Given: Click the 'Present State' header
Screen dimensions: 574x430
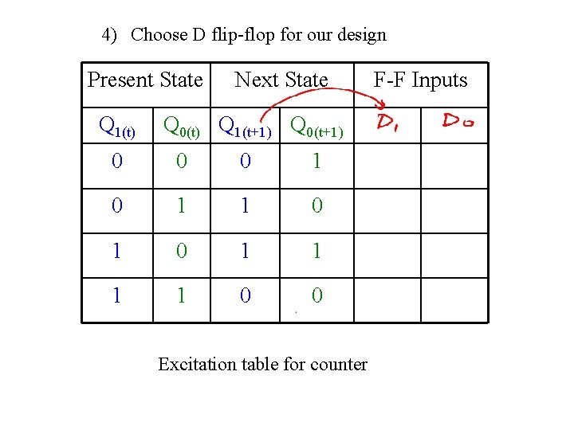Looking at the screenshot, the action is [x=145, y=80].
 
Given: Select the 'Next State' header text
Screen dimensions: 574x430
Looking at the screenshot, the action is [x=281, y=80].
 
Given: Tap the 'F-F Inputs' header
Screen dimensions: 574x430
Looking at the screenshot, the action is [x=420, y=80].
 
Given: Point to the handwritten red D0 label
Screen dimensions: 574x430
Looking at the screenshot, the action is [x=458, y=121].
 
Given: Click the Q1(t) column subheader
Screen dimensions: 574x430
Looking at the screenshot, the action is [x=116, y=127].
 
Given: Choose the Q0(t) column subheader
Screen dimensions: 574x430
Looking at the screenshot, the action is [x=182, y=127].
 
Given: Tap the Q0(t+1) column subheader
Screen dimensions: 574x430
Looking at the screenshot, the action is [x=316, y=127].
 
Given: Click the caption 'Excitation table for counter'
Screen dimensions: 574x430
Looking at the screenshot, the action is [x=262, y=365].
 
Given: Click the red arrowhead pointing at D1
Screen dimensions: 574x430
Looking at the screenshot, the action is [x=381, y=104].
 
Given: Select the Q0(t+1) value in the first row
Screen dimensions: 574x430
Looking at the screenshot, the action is [x=317, y=162].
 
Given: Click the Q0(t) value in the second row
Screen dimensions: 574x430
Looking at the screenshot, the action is [x=182, y=206].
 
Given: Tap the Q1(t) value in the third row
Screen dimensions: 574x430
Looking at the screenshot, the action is [x=116, y=251].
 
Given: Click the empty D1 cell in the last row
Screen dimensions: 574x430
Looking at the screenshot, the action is [x=387, y=299].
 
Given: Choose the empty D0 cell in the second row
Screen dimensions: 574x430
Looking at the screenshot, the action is [x=454, y=210].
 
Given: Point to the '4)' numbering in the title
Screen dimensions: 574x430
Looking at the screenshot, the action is [x=109, y=35].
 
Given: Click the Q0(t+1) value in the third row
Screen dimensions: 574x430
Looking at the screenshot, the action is [x=317, y=251].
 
